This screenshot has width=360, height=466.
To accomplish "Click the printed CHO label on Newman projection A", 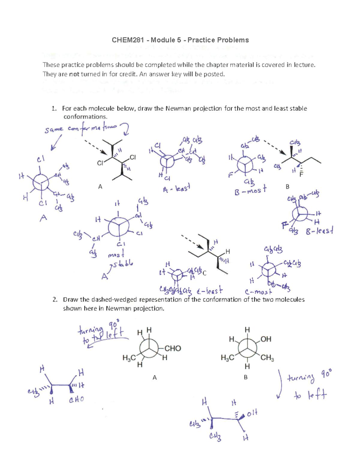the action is tap(173, 348).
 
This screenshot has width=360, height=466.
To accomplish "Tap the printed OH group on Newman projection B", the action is tap(266, 339).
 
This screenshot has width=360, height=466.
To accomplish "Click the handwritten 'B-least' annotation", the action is tap(319, 231).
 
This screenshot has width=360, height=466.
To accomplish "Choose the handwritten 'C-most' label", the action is tap(258, 291).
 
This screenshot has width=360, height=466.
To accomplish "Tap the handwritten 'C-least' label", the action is tap(210, 290).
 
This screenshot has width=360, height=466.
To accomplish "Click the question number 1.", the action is tap(54, 109).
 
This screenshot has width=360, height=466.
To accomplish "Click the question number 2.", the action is tap(55, 299).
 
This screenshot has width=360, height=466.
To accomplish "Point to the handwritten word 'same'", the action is tap(54, 130).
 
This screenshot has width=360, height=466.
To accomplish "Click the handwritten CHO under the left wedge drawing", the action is tap(76, 400).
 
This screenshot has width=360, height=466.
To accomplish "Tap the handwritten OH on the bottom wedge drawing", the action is tap(252, 413).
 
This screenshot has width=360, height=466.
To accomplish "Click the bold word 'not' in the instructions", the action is tap(74, 74).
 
